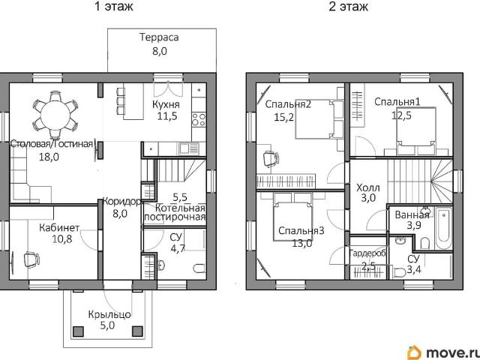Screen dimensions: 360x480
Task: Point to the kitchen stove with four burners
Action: [x=199, y=118]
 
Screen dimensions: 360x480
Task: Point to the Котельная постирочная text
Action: [x=175, y=212]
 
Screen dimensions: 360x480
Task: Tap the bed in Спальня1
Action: [x=415, y=125]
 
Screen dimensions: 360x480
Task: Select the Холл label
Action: [x=367, y=187]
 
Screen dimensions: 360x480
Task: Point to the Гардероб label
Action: [x=367, y=253]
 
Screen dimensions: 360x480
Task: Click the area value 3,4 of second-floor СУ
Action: [x=413, y=271]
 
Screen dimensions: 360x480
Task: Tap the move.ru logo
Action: [x=442, y=350]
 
